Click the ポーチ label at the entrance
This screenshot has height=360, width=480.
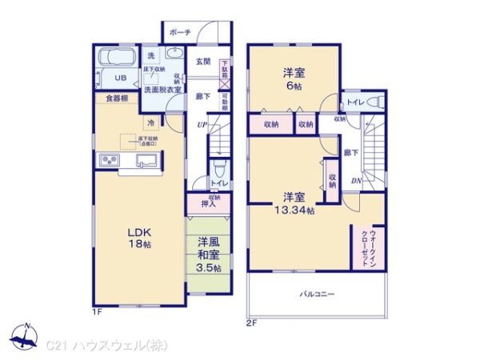(x=180, y=33)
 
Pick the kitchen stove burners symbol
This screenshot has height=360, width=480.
(x=110, y=163)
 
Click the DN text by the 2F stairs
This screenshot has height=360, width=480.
(x=355, y=182)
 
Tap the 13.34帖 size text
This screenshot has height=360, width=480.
(x=293, y=211)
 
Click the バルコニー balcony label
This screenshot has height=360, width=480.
(x=319, y=294)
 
